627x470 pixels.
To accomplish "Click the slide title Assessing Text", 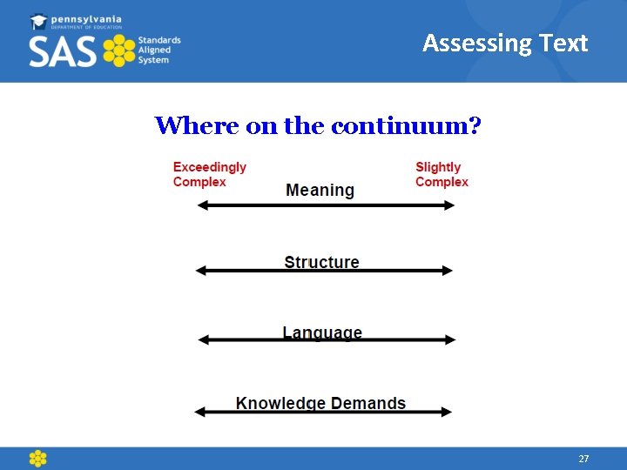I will (x=505, y=44).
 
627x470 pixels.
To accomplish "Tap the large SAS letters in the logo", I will (x=63, y=52).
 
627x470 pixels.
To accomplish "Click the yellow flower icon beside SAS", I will (x=118, y=51).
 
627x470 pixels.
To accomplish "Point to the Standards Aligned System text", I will (x=159, y=50).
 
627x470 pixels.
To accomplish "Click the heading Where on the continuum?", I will (x=318, y=125).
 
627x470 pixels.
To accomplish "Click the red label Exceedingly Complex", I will (x=209, y=174).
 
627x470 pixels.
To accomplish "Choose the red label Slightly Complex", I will (x=442, y=174).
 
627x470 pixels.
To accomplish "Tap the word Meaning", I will (x=320, y=190).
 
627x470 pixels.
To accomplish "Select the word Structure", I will (x=321, y=262).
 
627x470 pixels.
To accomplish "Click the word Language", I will (x=322, y=332).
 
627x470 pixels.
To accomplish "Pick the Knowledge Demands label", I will (x=320, y=403).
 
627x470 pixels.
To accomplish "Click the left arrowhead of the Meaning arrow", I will (x=202, y=205).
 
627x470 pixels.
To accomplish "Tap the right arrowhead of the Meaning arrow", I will (x=449, y=205).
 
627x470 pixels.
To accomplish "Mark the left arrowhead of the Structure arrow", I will (x=200, y=271).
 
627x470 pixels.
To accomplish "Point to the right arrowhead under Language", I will (x=450, y=340).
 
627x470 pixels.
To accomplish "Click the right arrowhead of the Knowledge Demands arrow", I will (x=448, y=412).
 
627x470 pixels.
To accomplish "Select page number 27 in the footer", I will (x=583, y=459).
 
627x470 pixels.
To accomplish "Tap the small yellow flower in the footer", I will (x=37, y=459).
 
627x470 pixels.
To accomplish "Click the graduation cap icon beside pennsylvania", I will (x=39, y=21).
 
